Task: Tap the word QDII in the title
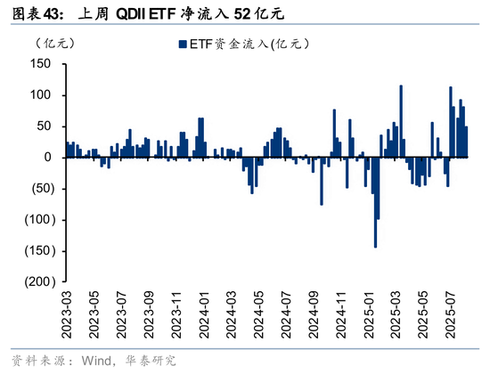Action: pos(135,13)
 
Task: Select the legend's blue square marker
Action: pos(182,44)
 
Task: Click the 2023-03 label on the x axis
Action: pos(65,311)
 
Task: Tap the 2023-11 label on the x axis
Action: pos(175,311)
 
